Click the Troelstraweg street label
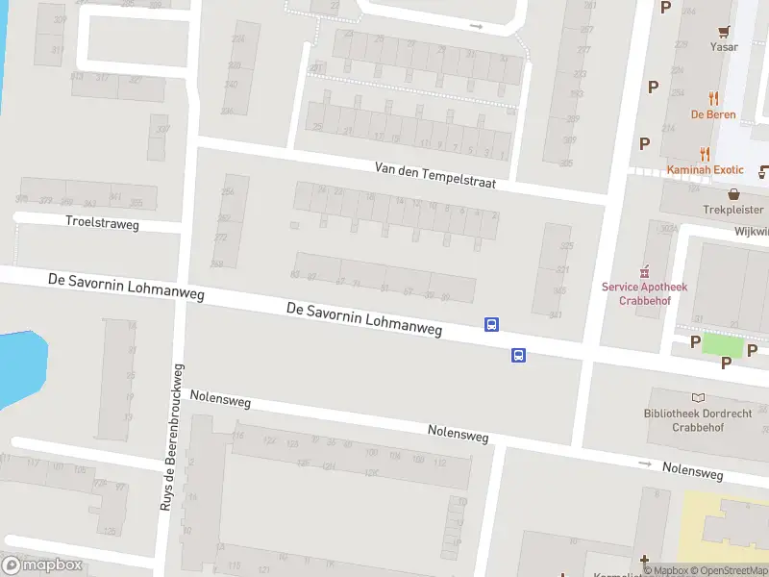pyautogui.click(x=102, y=223)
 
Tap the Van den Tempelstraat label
pyautogui.click(x=435, y=175)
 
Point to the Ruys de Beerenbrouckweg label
pyautogui.click(x=172, y=438)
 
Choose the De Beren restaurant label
pyautogui.click(x=713, y=114)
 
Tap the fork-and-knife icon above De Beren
pyautogui.click(x=713, y=98)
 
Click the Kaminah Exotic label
pyautogui.click(x=706, y=170)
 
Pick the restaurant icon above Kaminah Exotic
pyautogui.click(x=705, y=154)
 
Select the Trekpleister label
pyautogui.click(x=732, y=209)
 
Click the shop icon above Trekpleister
pyautogui.click(x=733, y=193)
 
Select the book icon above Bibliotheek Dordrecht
pyautogui.click(x=698, y=397)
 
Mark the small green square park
pyautogui.click(x=723, y=344)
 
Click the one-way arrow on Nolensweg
pyautogui.click(x=646, y=464)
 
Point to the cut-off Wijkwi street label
pyautogui.click(x=752, y=232)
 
